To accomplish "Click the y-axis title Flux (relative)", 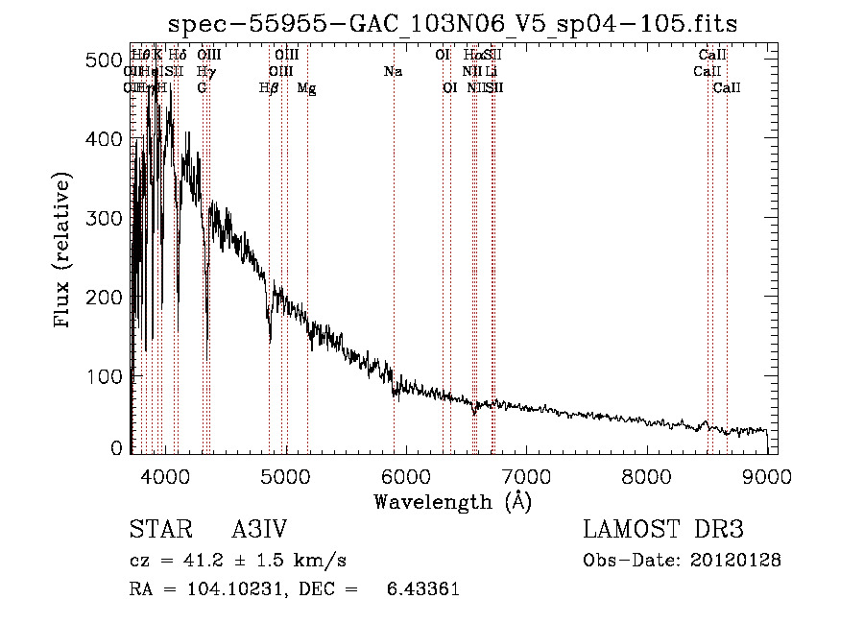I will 64,252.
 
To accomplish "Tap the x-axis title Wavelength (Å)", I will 452,500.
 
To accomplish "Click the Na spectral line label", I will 393,72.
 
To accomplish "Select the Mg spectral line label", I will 306,88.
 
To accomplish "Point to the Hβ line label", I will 269,88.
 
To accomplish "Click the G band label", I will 202,88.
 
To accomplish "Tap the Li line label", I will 491,72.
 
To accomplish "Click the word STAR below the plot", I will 156,530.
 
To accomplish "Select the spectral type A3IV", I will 259,530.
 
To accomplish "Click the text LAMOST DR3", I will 663,530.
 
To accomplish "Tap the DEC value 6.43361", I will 421,589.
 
